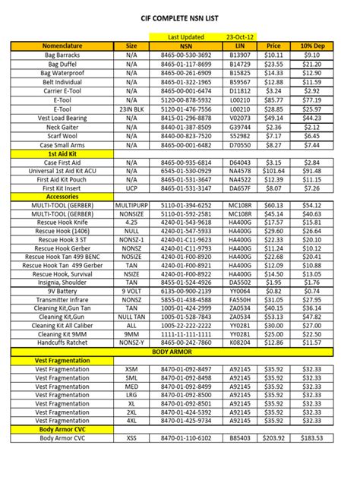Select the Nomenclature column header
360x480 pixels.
62,46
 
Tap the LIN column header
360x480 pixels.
239,46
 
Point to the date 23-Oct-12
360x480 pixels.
240,36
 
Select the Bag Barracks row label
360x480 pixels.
62,55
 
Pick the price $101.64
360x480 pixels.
273,172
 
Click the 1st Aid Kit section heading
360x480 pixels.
62,153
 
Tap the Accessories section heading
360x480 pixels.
62,196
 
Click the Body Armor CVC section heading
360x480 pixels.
62,430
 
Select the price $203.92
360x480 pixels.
273,439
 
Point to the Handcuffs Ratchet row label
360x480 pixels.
62,343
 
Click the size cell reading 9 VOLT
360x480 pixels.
131,290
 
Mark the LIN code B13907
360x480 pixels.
239,55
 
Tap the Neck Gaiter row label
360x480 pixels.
62,127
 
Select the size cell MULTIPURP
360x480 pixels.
131,205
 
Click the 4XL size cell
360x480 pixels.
131,421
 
